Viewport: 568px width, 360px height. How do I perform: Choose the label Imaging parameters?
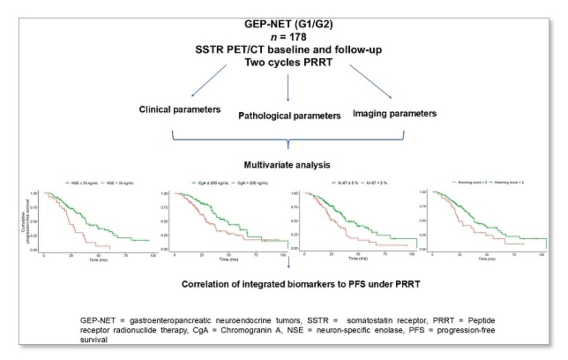(x=394, y=114)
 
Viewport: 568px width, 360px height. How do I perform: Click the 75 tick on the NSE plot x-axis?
(x=126, y=255)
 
